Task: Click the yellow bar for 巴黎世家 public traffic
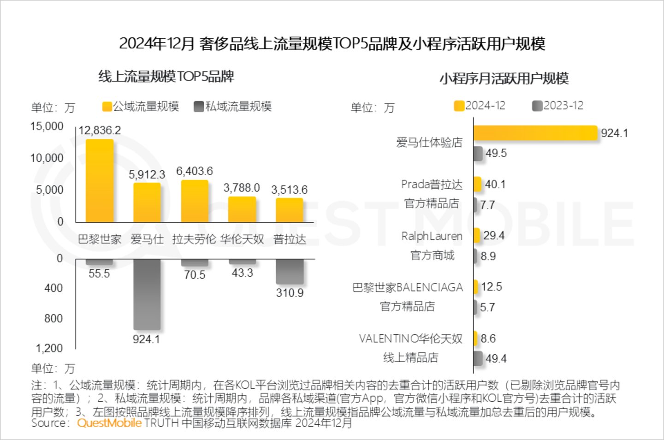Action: [x=100, y=181]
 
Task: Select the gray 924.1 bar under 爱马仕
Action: [x=147, y=294]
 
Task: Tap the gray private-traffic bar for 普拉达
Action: [x=290, y=272]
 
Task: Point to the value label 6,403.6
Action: [x=195, y=172]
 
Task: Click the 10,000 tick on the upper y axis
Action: [x=47, y=158]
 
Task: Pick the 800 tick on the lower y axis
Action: [x=53, y=318]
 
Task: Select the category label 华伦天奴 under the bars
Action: [x=242, y=239]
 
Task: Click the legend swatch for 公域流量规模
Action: [x=107, y=107]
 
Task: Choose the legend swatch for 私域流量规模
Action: [x=199, y=107]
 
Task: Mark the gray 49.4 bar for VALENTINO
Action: [x=478, y=358]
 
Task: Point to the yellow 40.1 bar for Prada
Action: [x=478, y=184]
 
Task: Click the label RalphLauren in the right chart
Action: [x=432, y=236]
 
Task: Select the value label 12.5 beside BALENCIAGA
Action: [x=492, y=287]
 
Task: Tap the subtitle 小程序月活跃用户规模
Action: [x=504, y=79]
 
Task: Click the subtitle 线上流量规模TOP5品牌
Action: [x=166, y=77]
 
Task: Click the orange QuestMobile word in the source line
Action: [x=109, y=423]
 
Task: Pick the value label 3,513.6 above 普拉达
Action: [x=289, y=190]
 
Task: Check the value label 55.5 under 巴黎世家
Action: [x=99, y=274]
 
